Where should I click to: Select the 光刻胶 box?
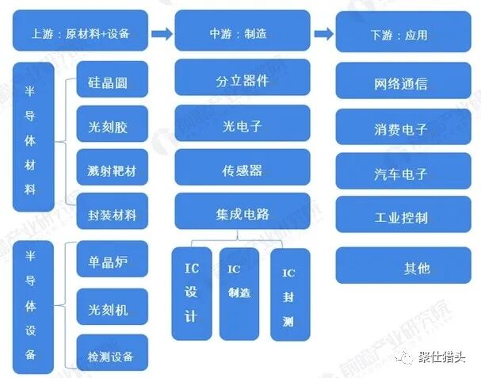click(112, 124)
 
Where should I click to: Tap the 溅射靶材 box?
click(112, 169)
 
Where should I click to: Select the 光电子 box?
click(242, 124)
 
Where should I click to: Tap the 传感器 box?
click(242, 169)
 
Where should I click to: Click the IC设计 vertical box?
click(192, 293)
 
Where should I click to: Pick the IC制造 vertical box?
click(239, 293)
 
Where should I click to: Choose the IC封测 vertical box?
click(289, 294)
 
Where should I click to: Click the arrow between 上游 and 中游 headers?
click(162, 33)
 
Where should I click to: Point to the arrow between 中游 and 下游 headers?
click(323, 33)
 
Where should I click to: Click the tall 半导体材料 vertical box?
click(33, 137)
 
